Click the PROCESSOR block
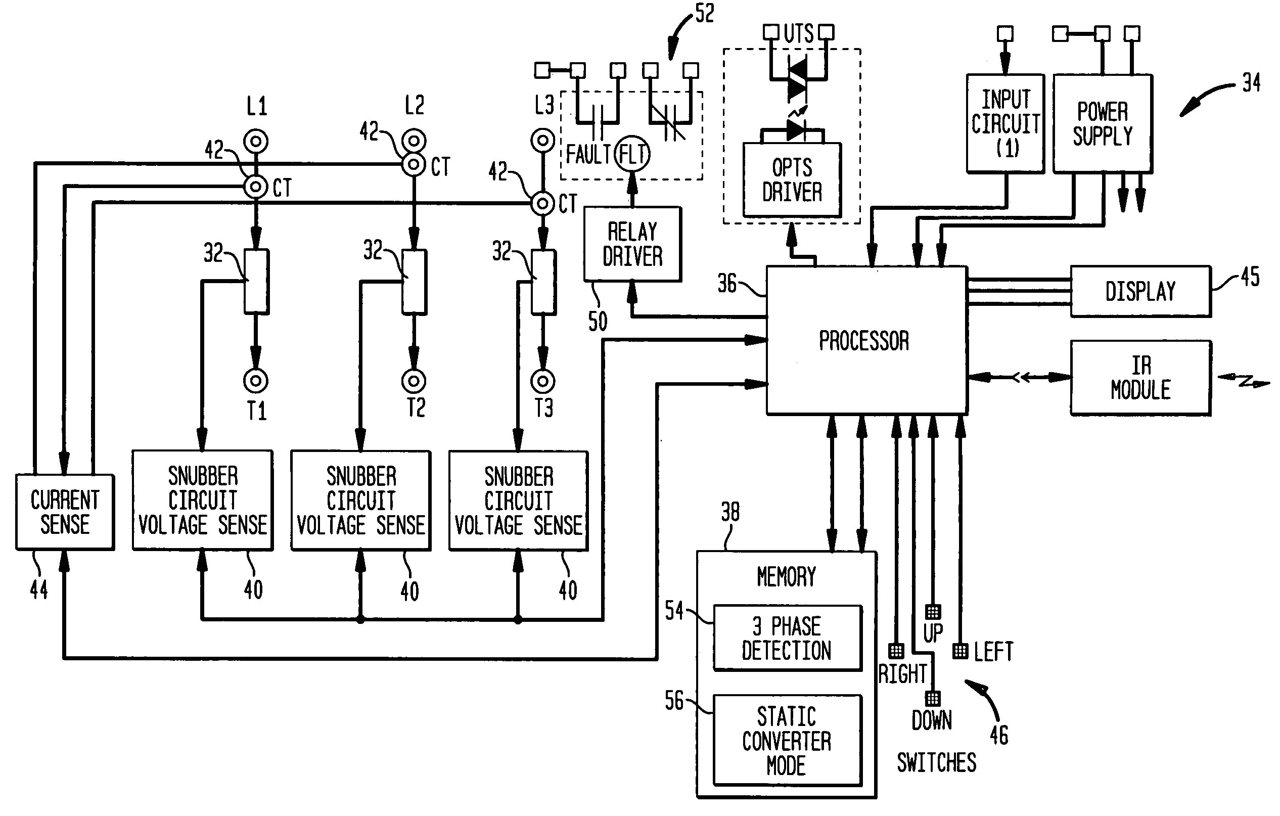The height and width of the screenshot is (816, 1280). (865, 340)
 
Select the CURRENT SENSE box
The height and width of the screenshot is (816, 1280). (65, 512)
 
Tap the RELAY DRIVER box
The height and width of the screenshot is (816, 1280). (632, 244)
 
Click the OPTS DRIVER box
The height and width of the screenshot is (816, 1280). (792, 179)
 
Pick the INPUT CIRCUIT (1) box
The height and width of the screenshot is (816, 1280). (1004, 123)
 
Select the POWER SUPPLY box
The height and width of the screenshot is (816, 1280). (1103, 123)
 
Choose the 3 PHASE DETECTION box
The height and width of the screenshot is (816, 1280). (787, 638)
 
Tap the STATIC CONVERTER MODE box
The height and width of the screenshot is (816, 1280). (787, 740)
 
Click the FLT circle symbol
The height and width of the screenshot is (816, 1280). (632, 155)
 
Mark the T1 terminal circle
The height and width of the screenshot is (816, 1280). (256, 381)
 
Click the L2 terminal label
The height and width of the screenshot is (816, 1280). (414, 105)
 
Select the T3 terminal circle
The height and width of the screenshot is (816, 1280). (543, 381)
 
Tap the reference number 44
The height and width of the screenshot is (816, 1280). (39, 590)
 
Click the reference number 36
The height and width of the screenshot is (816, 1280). (727, 283)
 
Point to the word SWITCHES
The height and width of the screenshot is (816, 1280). (937, 762)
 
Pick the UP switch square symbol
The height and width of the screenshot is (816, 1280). (932, 612)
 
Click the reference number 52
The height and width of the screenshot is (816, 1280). (705, 13)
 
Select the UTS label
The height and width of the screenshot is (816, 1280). (798, 33)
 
